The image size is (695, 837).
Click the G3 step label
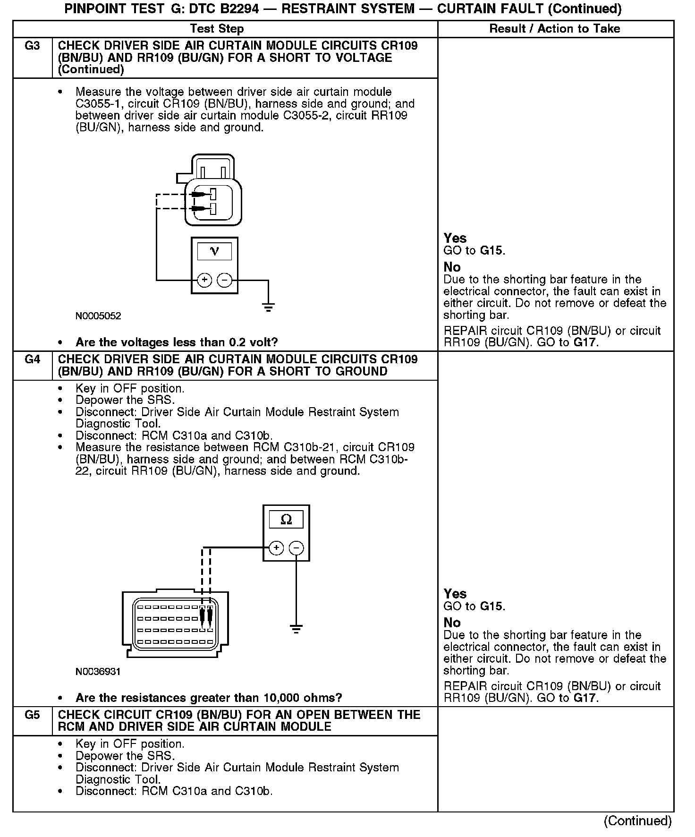32,46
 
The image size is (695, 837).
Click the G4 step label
32,359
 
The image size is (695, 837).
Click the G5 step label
32,715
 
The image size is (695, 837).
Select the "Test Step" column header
217,29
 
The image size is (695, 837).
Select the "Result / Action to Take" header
554,29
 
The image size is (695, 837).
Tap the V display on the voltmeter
214,251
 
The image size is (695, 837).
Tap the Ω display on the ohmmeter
286,520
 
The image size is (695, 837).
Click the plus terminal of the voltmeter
204,280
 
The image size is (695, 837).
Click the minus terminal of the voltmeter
224,280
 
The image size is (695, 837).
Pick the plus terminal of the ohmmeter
276,548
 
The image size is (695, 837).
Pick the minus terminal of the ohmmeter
296,548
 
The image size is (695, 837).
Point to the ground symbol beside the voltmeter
268,308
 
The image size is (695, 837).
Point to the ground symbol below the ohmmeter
296,629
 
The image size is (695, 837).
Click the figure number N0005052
98,316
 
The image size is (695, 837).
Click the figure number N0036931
98,671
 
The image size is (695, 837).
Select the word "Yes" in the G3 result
455,238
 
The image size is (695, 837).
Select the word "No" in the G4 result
452,623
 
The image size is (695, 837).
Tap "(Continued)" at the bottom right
637,821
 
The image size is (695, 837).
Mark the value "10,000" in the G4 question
283,698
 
